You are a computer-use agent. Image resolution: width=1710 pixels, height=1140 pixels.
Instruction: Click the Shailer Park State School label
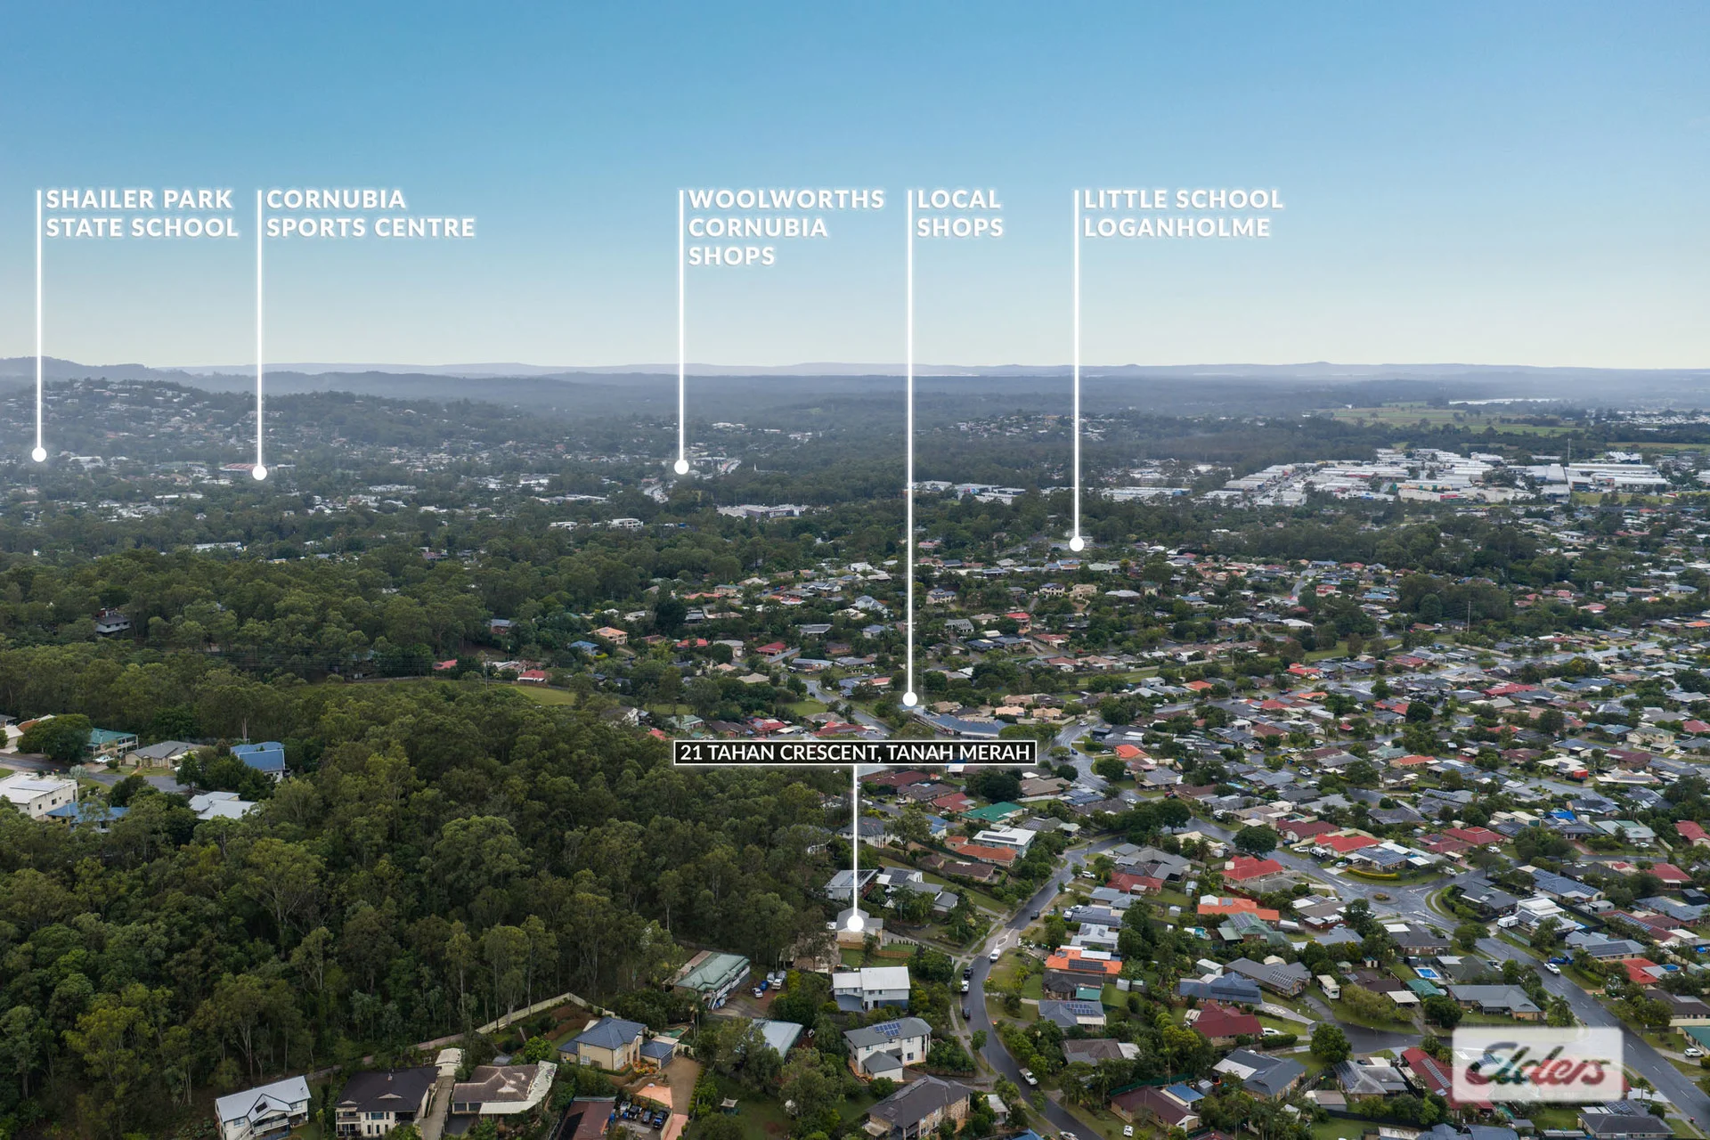142,214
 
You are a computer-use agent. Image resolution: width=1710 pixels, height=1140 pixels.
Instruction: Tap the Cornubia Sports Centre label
370,214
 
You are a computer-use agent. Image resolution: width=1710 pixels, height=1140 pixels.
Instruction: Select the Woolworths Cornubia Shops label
786,227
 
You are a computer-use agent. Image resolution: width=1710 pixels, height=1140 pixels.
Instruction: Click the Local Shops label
960,214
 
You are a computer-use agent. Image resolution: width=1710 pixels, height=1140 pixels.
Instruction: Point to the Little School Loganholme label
1183,214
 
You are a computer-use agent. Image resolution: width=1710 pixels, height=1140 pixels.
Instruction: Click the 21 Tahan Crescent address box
855,753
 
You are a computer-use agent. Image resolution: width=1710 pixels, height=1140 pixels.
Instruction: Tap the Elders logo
1537,1065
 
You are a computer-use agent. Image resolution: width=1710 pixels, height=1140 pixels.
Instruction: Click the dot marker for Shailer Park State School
39,454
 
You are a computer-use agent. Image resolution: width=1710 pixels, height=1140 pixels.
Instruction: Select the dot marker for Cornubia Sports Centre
259,473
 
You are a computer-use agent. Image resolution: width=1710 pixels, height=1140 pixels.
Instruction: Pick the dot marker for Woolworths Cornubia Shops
681,467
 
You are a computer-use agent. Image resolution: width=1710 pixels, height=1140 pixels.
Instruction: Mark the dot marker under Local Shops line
909,699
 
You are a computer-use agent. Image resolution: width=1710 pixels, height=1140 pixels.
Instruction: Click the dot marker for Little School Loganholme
1076,543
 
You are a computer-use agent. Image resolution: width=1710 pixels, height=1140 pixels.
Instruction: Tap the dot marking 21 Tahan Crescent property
855,924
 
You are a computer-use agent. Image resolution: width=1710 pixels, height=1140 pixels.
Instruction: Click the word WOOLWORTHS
786,199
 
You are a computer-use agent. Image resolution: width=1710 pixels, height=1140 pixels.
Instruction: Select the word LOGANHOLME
1177,228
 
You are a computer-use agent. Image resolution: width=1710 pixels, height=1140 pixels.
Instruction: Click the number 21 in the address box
691,753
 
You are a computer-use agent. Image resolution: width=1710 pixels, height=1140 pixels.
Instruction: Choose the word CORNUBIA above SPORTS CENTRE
336,199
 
